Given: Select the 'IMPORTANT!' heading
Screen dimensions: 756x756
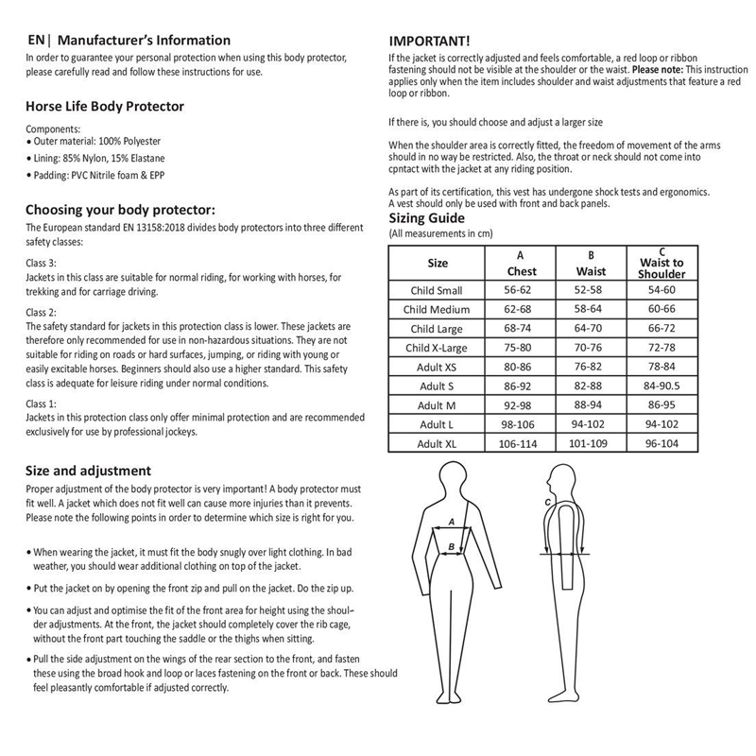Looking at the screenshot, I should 430,41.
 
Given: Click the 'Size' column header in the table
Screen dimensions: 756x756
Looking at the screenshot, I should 438,263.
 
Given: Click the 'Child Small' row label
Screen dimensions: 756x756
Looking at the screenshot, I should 438,290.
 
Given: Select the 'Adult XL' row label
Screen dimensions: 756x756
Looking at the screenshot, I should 438,443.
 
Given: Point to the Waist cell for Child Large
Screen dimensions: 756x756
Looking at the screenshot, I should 591,329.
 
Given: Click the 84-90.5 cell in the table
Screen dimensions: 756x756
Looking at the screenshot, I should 661,386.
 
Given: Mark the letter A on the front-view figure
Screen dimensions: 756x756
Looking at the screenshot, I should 452,522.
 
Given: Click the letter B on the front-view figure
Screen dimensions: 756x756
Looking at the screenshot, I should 451,546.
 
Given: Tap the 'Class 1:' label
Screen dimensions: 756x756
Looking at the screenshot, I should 41,404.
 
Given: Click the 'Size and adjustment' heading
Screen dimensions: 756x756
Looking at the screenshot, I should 88,471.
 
